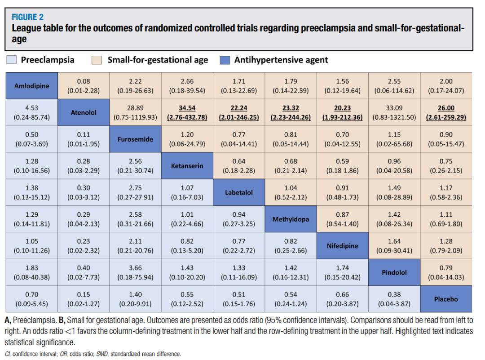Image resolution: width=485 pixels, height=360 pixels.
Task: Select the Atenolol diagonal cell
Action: point(83,113)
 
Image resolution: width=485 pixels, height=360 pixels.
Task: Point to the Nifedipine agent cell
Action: point(343,246)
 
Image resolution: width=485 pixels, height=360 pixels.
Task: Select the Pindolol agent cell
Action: point(395,272)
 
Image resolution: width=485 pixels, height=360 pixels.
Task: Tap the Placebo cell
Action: point(446,299)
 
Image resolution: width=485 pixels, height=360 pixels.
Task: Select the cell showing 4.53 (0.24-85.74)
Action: point(31,113)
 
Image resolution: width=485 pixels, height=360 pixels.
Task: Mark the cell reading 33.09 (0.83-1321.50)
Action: point(395,113)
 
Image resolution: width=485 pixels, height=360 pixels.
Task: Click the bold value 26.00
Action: point(446,108)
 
